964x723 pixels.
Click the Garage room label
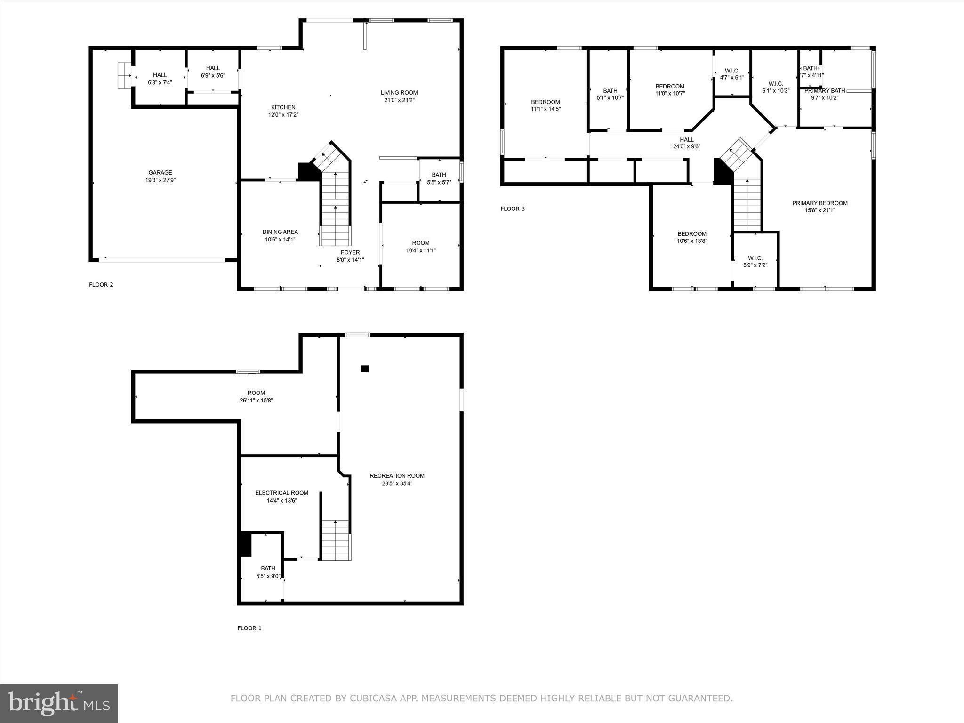click(x=160, y=173)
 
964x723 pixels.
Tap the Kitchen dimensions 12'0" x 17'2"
click(x=283, y=115)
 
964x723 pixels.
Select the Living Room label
click(x=399, y=93)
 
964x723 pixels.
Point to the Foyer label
click(x=350, y=253)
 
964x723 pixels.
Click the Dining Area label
click(x=280, y=232)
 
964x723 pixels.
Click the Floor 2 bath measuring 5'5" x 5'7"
click(x=439, y=178)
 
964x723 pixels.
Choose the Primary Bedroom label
click(x=819, y=203)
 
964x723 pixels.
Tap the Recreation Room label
click(x=397, y=476)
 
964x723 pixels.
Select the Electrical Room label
click(x=281, y=493)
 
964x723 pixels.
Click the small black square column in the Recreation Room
click(x=364, y=369)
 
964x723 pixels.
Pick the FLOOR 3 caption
click(x=512, y=209)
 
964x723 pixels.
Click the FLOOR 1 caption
click(x=249, y=628)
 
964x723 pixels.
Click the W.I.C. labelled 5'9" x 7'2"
click(x=755, y=262)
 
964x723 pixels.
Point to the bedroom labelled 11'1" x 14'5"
click(x=545, y=105)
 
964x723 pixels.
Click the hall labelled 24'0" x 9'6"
click(x=686, y=143)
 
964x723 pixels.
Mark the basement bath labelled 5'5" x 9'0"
click(x=268, y=572)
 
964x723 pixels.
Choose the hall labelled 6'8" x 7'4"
click(x=160, y=79)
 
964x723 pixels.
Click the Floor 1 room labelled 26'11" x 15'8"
click(x=256, y=397)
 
